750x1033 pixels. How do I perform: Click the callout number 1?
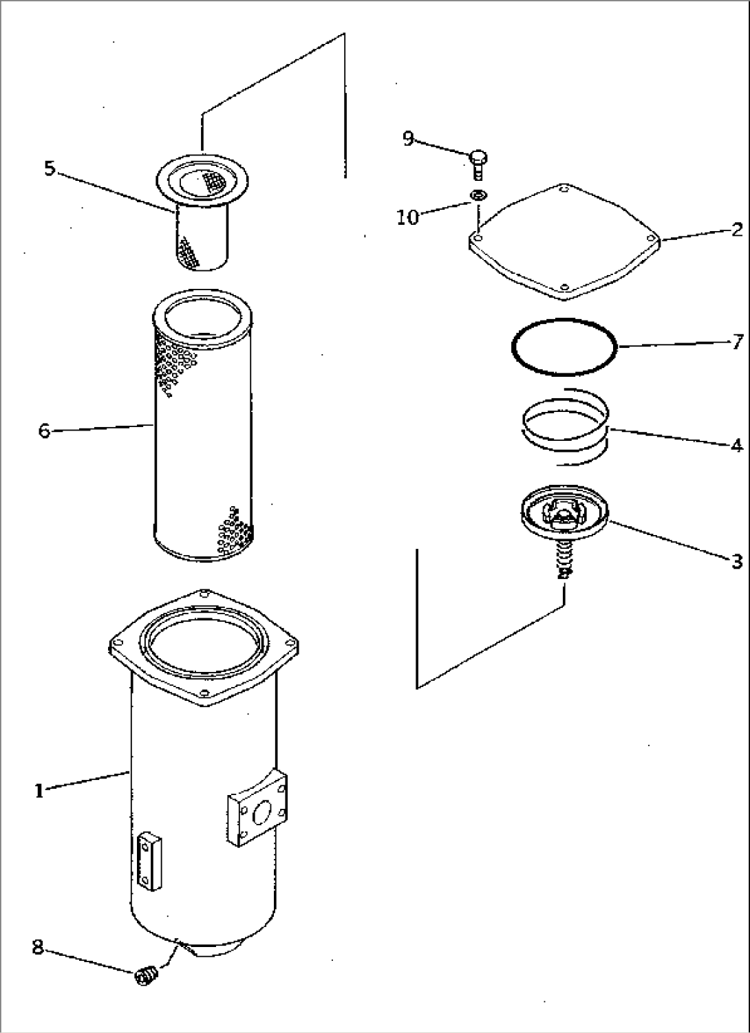click(x=39, y=791)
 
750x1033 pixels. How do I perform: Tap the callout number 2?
click(x=736, y=230)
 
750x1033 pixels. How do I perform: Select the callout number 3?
click(x=736, y=561)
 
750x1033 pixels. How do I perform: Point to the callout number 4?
click(x=736, y=446)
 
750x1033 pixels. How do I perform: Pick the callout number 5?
click(x=50, y=168)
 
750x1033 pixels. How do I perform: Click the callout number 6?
click(x=44, y=431)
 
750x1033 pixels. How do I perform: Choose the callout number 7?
click(x=736, y=341)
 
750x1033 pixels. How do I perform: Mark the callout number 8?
click(x=37, y=947)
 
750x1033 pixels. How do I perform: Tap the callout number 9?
click(x=408, y=139)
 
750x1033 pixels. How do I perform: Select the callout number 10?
click(x=407, y=217)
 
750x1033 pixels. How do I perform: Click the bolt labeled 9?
click(x=478, y=164)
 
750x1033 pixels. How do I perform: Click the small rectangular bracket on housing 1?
click(x=148, y=861)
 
